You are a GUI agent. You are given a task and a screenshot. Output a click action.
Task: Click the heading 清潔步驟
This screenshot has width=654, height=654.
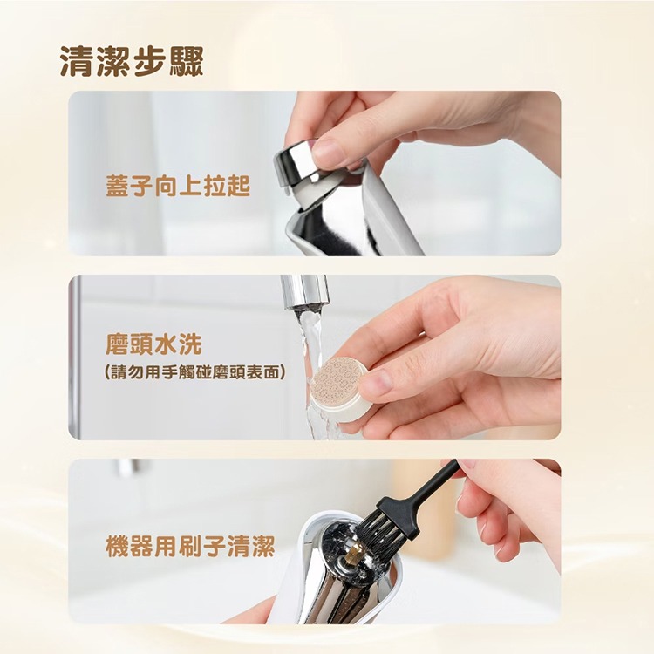131,62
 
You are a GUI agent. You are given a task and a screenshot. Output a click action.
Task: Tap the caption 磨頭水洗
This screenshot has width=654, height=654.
141,344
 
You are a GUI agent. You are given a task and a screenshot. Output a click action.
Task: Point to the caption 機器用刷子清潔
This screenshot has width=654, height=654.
190,548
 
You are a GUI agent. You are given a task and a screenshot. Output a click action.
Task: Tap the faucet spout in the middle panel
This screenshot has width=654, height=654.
304,292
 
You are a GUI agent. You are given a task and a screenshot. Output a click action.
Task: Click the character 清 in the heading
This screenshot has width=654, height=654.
78,62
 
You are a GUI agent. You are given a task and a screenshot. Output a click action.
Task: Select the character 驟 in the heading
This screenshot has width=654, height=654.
185,62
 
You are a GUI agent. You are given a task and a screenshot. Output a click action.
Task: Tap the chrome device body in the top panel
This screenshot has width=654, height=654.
384,218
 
